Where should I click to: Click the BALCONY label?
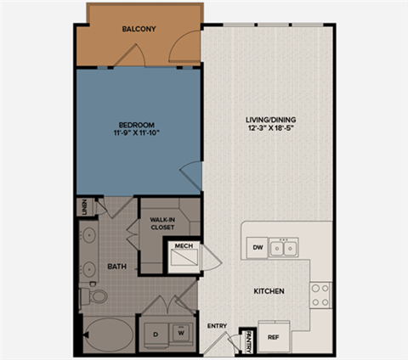(x=138, y=29)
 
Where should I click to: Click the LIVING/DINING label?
(x=267, y=119)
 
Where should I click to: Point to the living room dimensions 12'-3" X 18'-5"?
(x=267, y=129)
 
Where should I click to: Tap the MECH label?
(x=183, y=247)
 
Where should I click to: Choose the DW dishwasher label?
(x=258, y=247)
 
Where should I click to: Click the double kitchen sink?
(x=284, y=248)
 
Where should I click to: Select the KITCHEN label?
(x=269, y=291)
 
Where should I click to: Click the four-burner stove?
(x=320, y=295)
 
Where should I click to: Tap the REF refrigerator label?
(x=274, y=337)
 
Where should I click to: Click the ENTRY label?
(x=218, y=325)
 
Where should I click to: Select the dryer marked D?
(x=156, y=333)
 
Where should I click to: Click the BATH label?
(x=116, y=267)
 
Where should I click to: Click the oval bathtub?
(x=108, y=333)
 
